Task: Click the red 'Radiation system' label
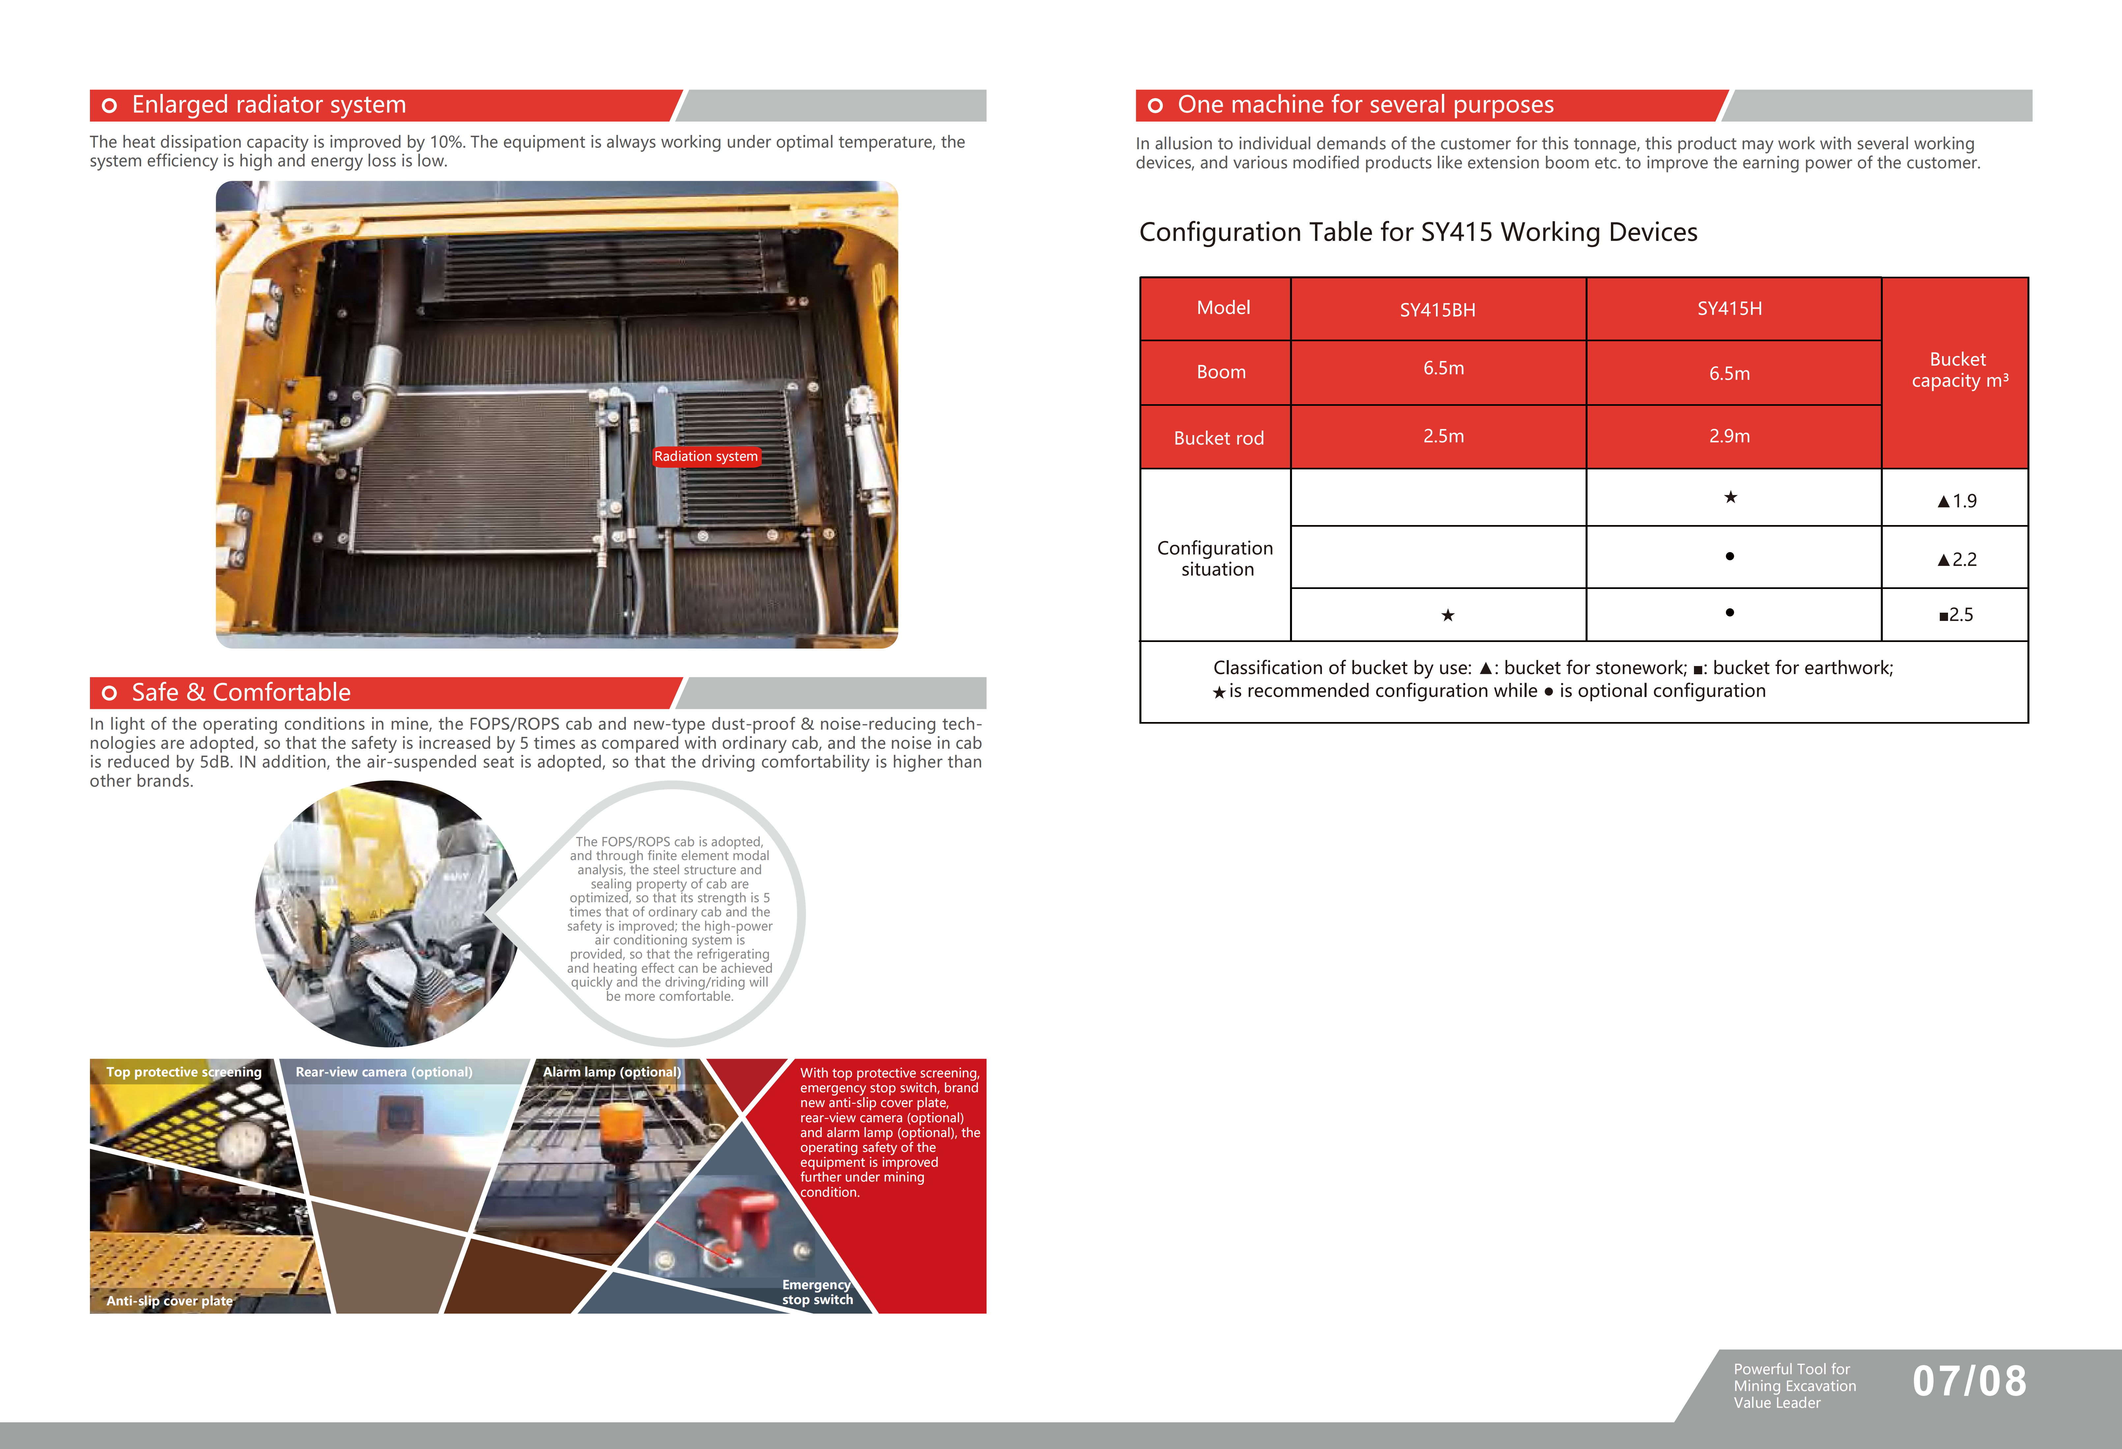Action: [706, 457]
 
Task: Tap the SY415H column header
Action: [1729, 309]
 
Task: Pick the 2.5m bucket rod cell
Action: [1443, 436]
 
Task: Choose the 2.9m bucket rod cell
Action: [1729, 436]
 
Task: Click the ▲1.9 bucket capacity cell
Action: [1956, 500]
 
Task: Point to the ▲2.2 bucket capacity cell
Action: [1956, 559]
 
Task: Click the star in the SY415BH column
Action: [1447, 615]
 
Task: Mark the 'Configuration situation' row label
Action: [1215, 558]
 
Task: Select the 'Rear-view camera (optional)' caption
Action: [384, 1072]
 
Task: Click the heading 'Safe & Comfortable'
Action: [241, 693]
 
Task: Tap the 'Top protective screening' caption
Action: [184, 1072]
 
